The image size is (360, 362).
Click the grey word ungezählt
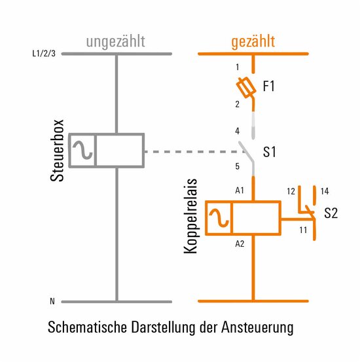coord(115,41)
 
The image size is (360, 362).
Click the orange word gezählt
coord(253,41)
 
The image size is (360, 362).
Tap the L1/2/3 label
coord(44,54)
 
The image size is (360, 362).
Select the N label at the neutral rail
coord(52,301)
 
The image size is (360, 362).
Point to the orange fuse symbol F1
coord(246,87)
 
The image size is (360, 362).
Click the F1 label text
coord(269,86)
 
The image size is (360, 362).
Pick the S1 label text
coord(269,152)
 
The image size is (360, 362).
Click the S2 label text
coord(331,213)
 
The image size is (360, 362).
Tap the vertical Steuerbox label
coord(57,151)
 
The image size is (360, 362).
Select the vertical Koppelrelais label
coord(190,216)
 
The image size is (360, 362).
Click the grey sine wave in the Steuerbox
coord(82,150)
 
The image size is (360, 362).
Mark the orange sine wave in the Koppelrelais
coord(219,218)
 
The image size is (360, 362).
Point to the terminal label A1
coord(240,190)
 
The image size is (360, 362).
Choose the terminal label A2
coord(240,244)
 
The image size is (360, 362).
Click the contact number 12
coord(291,191)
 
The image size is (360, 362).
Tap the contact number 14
coord(325,191)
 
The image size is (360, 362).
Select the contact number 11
coord(303,230)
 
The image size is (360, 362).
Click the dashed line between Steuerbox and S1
coord(194,152)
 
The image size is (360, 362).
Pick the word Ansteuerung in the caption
coord(257,327)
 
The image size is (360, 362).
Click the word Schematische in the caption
coord(87,327)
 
